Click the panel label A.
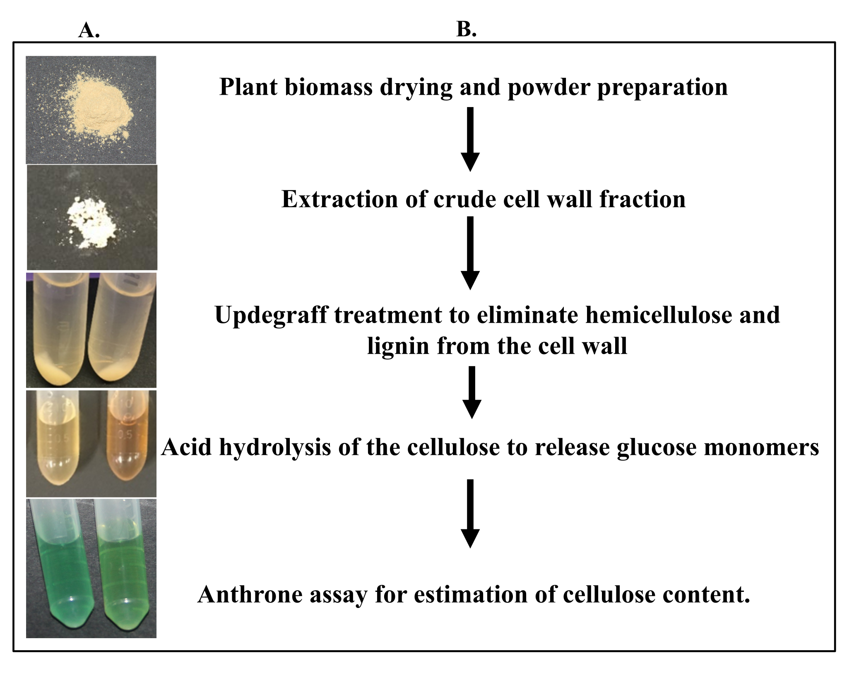point(89,31)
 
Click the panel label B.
point(466,30)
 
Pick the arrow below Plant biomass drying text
point(470,139)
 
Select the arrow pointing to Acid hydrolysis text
point(472,392)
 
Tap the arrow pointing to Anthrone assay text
point(470,513)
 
